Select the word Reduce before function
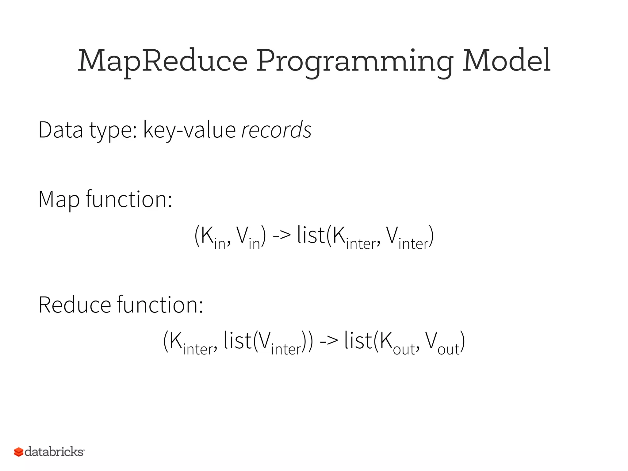click(x=75, y=305)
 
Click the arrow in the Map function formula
click(x=281, y=236)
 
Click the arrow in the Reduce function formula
click(x=328, y=341)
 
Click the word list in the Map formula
click(x=310, y=235)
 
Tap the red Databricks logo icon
click(x=19, y=452)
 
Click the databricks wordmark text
click(x=54, y=452)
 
